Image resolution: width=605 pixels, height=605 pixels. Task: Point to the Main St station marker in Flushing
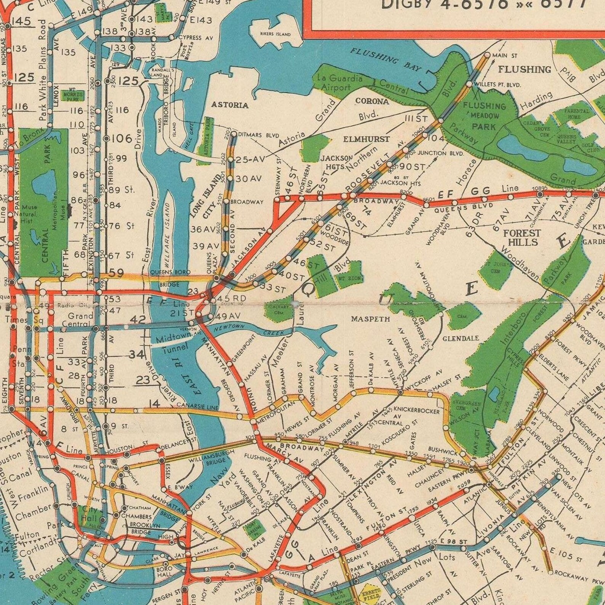click(x=487, y=55)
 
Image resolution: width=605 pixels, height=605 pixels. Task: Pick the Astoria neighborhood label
click(x=230, y=105)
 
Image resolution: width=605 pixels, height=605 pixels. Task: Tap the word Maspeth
click(x=370, y=319)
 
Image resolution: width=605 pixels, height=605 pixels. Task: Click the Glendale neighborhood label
click(x=461, y=338)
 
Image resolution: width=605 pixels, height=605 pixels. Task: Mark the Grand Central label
click(x=80, y=320)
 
